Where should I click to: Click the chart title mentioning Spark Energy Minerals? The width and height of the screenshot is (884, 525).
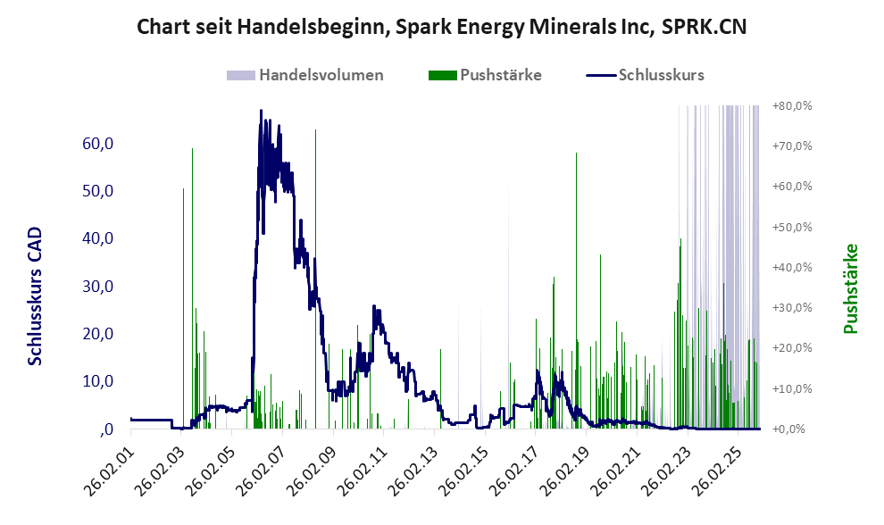[441, 27]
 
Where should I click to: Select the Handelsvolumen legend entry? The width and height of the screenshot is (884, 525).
[321, 75]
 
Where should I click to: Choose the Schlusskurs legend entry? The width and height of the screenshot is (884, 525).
[661, 75]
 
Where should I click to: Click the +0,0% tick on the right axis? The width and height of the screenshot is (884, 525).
[792, 429]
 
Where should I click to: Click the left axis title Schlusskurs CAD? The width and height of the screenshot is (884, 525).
[36, 296]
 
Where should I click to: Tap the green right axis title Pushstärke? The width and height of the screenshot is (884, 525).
[850, 289]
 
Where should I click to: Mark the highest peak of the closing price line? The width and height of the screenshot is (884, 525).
[261, 111]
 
